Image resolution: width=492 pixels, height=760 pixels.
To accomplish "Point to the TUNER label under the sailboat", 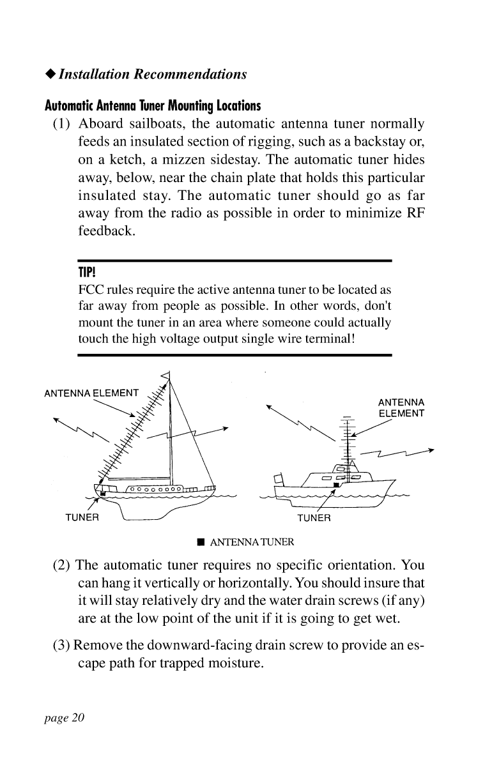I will point(82,517).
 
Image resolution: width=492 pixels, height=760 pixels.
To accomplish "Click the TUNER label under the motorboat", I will point(314,517).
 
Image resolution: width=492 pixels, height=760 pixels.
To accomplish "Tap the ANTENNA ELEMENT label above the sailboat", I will point(91,392).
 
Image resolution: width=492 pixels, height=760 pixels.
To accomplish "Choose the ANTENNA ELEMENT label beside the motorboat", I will point(401,408).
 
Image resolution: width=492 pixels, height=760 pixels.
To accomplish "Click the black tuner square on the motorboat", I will point(334,485).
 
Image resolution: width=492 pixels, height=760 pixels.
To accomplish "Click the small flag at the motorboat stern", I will point(277,477).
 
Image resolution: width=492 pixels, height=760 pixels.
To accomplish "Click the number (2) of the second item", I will point(62,566).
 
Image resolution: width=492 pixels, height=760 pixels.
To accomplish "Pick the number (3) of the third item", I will point(62,642).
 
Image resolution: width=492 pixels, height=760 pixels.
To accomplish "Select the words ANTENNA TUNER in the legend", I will point(252,543).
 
